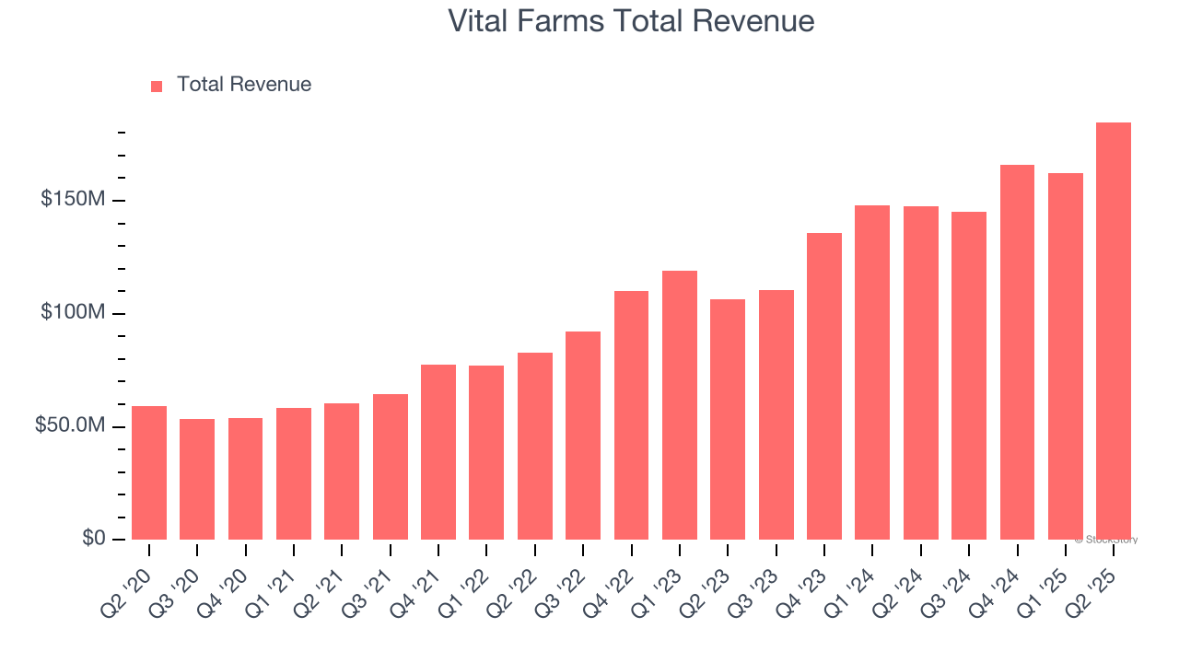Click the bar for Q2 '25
coord(1114,331)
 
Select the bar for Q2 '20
coord(149,472)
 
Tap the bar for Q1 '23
coord(680,405)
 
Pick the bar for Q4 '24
coord(1017,352)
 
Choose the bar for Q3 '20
coord(197,479)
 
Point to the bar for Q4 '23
coord(824,386)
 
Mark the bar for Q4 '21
coord(438,452)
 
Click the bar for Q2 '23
coord(728,419)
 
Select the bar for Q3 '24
coord(969,376)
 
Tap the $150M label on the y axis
coord(73,200)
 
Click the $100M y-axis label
coord(73,313)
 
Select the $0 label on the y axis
coord(93,539)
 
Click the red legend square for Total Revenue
coord(157,86)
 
